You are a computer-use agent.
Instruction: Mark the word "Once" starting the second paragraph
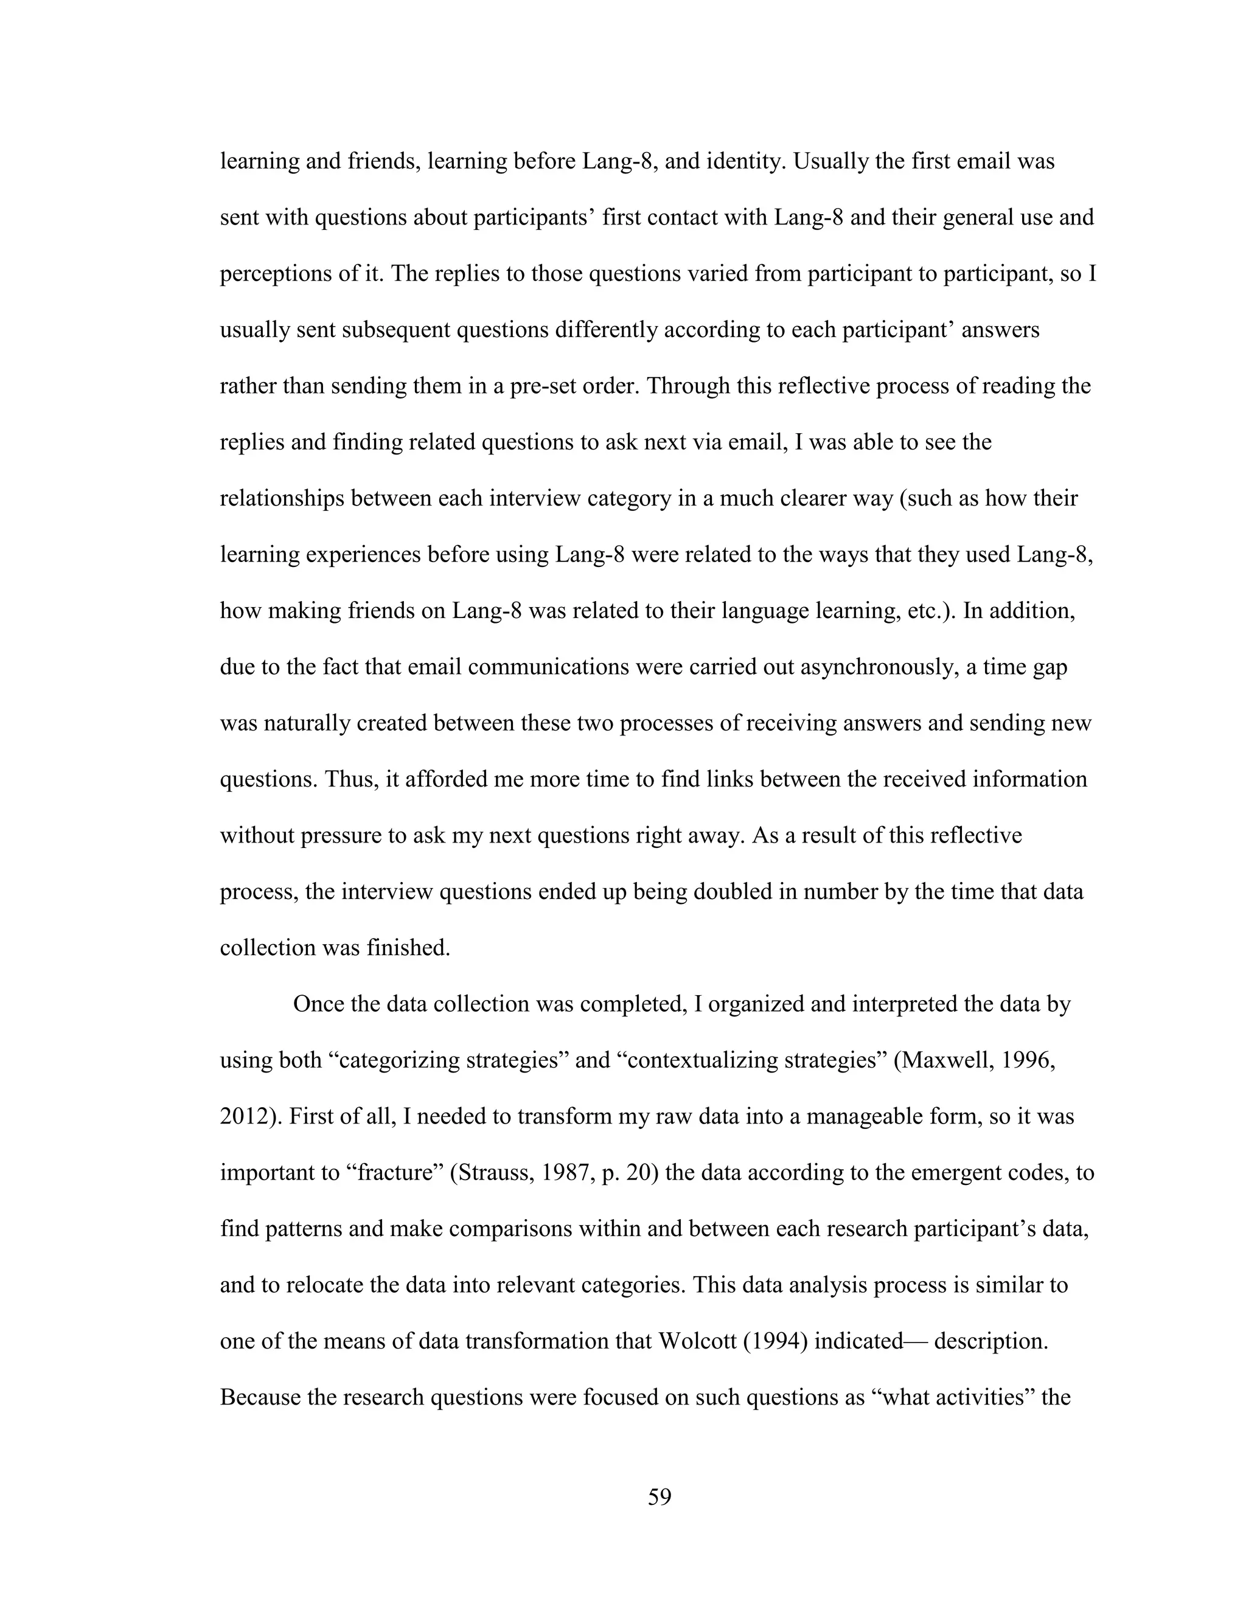tap(318, 1004)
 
